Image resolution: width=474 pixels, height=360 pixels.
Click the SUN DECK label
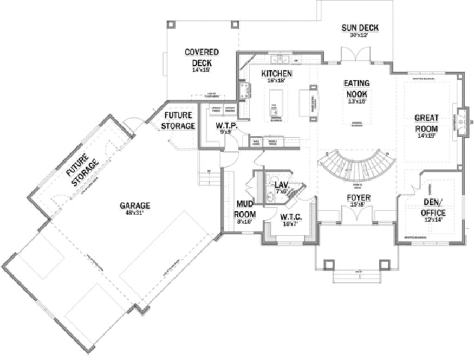pyautogui.click(x=359, y=28)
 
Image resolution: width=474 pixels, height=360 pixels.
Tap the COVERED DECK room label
pyautogui.click(x=201, y=57)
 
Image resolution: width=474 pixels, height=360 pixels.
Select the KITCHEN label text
pyautogui.click(x=277, y=74)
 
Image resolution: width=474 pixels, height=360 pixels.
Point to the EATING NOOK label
pyautogui.click(x=356, y=88)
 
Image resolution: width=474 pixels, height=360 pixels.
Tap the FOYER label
pyautogui.click(x=358, y=198)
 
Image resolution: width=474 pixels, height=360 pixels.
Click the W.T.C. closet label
pyautogui.click(x=290, y=216)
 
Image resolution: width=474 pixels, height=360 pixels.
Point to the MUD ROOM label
pyautogui.click(x=244, y=208)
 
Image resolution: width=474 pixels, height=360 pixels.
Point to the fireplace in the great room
pyautogui.click(x=461, y=121)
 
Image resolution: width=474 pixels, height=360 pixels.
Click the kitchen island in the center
pyautogui.click(x=275, y=103)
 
